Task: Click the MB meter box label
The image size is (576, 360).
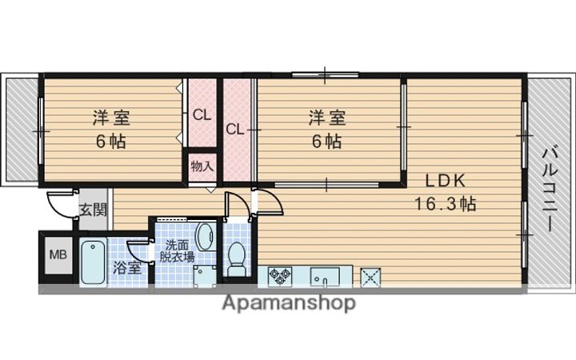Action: pos(58,254)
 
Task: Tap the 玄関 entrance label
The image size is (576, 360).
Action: pos(94,210)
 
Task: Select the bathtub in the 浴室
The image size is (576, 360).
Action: pos(94,262)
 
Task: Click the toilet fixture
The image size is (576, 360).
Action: pos(237,258)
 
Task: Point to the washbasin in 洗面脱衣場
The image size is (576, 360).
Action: pos(206,237)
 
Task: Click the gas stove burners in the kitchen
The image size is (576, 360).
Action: pos(280,276)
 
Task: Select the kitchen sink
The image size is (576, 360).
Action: pos(325,276)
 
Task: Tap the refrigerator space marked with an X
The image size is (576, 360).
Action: pos(370,277)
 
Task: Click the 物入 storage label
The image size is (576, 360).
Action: pos(202,166)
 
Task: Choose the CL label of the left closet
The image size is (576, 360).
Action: pos(202,115)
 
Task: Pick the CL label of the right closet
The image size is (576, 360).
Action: pos(234,130)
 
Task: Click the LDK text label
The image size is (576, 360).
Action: pos(446,180)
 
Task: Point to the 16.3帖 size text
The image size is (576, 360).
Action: pos(446,203)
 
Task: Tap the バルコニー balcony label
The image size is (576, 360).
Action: pos(550,189)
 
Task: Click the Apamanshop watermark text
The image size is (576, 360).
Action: pos(289,303)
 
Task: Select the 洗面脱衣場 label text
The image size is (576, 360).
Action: pos(177,251)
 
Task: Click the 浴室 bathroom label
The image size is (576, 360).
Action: pos(126,268)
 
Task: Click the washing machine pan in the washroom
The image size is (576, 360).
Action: pos(205,276)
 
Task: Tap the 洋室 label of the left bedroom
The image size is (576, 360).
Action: pos(111,118)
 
